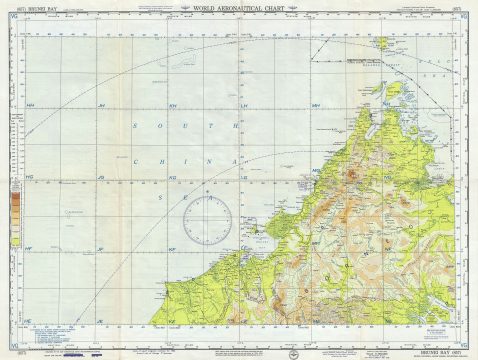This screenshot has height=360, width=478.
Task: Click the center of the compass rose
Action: click(209, 218)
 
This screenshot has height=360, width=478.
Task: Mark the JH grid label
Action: click(100, 106)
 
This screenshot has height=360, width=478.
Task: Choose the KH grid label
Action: click(172, 106)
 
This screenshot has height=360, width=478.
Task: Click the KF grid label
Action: click(172, 248)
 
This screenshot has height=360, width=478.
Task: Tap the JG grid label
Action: click(100, 177)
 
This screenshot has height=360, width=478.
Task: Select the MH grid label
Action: click(315, 106)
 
